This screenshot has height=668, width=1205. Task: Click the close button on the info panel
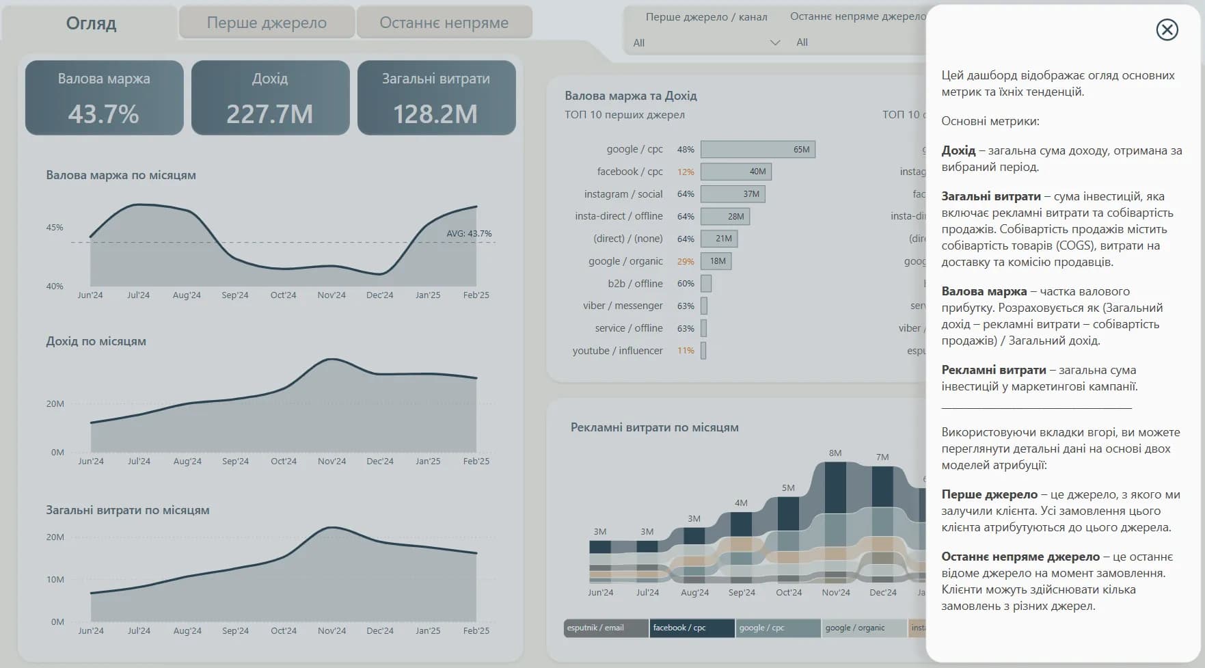1167,29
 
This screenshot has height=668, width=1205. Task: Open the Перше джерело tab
267,23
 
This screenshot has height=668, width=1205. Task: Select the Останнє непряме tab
444,23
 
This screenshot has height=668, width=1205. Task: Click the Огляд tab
91,23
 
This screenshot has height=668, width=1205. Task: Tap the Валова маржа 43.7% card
104,98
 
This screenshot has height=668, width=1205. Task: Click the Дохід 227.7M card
270,98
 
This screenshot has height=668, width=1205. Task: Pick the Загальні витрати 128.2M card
436,98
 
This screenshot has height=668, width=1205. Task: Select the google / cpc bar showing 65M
757,149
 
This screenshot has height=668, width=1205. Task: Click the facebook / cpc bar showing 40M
735,172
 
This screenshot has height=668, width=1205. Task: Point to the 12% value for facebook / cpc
686,172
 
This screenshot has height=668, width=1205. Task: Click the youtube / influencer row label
617,351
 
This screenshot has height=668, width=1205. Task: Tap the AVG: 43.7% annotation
469,234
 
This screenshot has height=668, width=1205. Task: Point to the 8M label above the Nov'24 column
835,453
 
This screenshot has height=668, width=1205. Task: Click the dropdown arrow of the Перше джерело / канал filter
775,42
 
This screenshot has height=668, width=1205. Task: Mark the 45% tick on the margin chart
55,228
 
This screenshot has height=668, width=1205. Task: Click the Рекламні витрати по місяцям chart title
654,427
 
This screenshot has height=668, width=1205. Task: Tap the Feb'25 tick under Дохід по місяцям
476,462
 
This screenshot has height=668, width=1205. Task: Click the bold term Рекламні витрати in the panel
993,370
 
